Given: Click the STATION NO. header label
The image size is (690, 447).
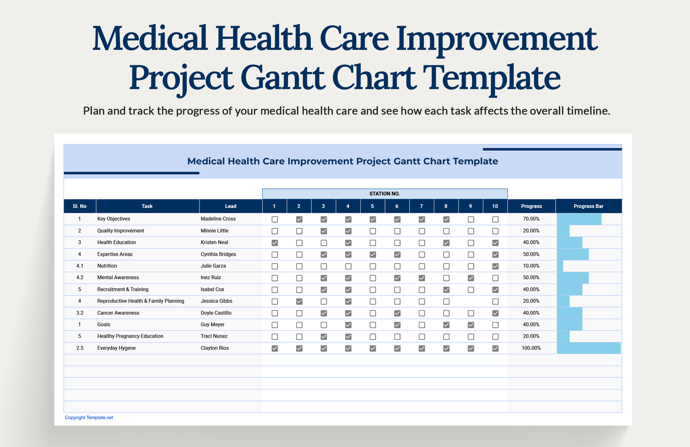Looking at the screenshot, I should point(384,194).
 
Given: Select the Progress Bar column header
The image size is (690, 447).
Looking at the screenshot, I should point(588,206).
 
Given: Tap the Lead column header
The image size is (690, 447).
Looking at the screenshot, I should point(231,206).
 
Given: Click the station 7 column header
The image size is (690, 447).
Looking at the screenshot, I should point(421,206).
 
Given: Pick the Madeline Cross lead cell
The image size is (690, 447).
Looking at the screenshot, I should point(218,219).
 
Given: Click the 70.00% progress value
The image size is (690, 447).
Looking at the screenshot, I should point(531,219).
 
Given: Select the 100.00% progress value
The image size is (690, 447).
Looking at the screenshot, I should point(531,348).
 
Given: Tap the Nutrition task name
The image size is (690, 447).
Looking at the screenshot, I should point(107,266).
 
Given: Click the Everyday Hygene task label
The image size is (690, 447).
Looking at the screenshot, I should point(116,348).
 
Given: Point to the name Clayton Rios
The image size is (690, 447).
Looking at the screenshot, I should point(214,348).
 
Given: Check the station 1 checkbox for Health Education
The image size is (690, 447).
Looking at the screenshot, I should point(275,243).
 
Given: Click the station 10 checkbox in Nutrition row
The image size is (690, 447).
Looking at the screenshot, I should point(495,266).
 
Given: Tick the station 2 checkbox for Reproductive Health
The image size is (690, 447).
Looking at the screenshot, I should point(299,302).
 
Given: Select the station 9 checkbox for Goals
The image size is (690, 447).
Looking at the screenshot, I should point(471,325).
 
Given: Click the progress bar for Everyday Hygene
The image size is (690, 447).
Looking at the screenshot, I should point(588,348).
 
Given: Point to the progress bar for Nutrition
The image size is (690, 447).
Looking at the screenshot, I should point(560,266).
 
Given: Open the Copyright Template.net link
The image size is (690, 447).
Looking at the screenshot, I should point(89,418).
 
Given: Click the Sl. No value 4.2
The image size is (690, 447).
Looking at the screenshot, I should point(80,278).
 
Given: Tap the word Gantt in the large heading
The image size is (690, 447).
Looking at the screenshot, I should point(282,78).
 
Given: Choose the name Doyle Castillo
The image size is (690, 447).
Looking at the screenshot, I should point(216,313).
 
